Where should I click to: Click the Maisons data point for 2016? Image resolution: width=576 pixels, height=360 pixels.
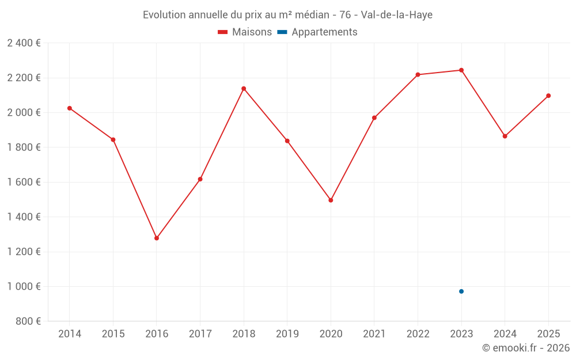(x=157, y=238)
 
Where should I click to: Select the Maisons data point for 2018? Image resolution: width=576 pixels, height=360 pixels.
(x=244, y=89)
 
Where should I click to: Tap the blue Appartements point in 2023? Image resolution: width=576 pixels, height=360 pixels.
(x=461, y=291)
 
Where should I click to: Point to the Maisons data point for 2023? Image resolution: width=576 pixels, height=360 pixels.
(x=461, y=70)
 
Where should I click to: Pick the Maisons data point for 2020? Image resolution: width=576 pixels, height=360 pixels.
(x=331, y=200)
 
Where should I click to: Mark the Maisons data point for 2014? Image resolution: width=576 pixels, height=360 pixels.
(x=70, y=108)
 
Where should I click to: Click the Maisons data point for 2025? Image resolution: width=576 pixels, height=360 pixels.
(x=548, y=96)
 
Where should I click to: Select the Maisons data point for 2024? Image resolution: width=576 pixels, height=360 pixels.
(x=505, y=137)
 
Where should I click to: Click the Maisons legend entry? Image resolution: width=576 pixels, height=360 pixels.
(x=245, y=32)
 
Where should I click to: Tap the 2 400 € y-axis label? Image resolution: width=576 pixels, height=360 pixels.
(x=24, y=43)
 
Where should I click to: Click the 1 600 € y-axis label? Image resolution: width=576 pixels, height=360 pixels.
(x=24, y=182)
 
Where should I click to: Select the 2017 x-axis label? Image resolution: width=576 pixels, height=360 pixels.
(x=200, y=334)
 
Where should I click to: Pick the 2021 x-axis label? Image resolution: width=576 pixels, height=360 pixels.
(x=374, y=334)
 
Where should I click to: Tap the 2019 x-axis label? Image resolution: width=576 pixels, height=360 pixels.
(x=287, y=334)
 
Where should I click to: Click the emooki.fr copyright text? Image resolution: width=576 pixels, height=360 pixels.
(x=526, y=348)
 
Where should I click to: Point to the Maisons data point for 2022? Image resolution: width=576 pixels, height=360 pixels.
(x=418, y=75)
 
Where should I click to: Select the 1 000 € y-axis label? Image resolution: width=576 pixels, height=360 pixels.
(x=24, y=287)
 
